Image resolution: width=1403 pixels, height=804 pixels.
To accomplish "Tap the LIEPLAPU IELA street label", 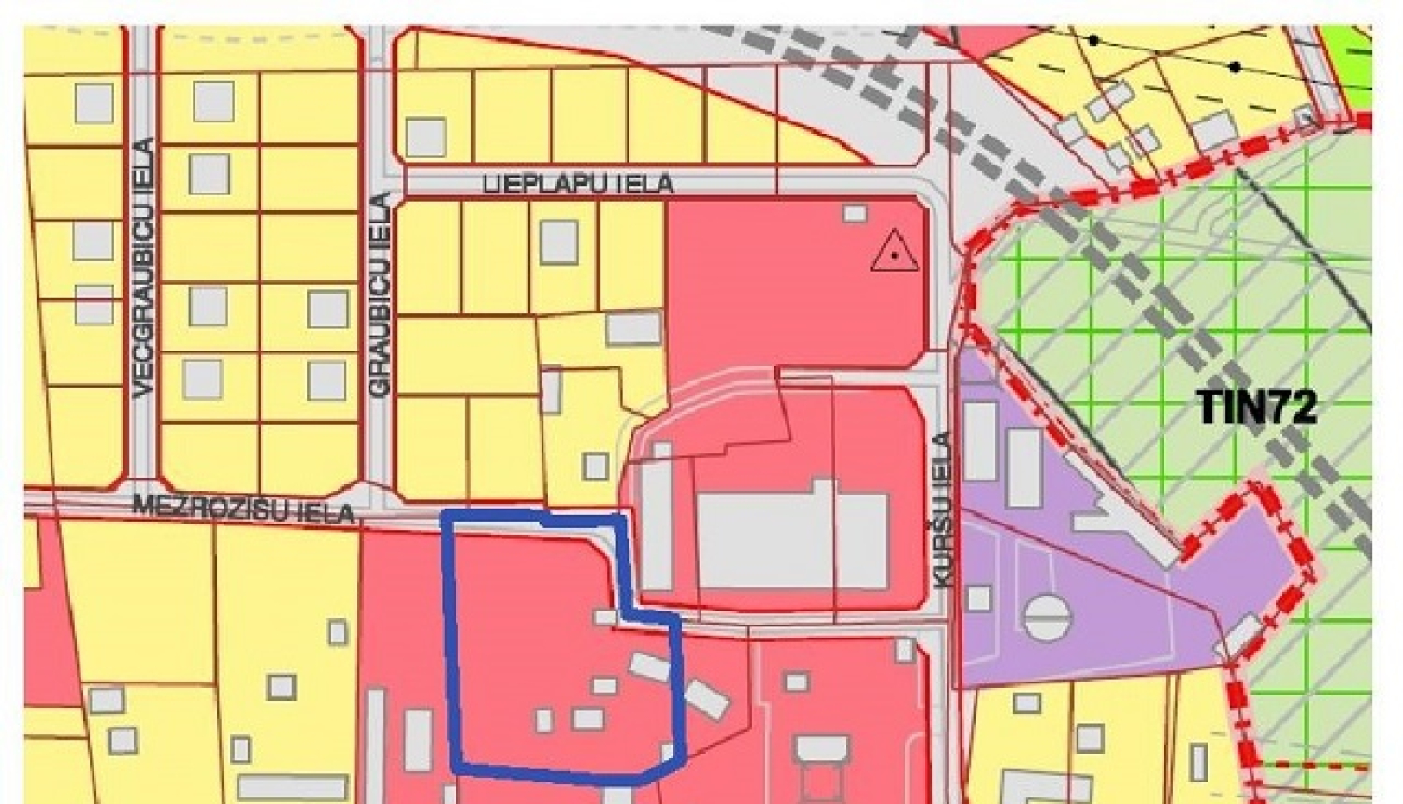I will coord(578,183).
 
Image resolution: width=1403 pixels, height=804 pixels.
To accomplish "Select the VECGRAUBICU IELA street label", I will coord(143,269).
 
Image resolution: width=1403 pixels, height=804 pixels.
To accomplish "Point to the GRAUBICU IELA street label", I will coord(380,296).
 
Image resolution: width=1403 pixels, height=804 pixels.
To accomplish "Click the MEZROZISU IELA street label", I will coord(244,510).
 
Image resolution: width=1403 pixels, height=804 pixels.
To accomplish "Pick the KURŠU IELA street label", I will coord(943,510).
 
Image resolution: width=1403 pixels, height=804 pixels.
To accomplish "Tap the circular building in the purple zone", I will coord(1047,618).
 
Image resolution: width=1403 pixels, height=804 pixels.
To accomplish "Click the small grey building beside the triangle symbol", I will coord(854,213).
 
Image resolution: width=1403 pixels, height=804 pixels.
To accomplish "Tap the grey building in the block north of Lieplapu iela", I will coord(426,137).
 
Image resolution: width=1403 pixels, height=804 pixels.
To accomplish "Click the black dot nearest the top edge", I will coord(1092,40).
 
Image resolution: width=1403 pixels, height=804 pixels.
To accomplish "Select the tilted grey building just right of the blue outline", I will coord(705,697).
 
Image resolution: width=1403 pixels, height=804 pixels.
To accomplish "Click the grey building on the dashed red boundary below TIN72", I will coord(1242,636).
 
